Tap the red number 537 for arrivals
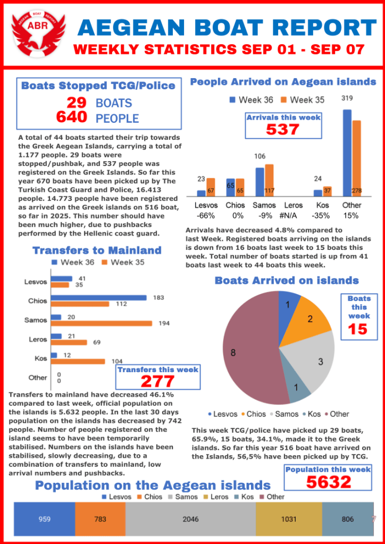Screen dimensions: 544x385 (282, 129)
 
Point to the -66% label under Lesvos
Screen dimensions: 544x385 (206, 215)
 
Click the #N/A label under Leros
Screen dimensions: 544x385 (294, 215)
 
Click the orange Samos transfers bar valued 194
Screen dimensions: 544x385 (101, 323)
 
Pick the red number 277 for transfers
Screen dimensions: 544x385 (158, 381)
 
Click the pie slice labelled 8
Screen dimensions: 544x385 (247, 351)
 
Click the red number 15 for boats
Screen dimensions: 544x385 (358, 329)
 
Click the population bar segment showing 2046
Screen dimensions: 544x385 (190, 519)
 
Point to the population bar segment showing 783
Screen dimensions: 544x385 (100, 519)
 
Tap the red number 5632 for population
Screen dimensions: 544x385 (328, 482)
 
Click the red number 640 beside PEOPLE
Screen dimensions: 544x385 (71, 117)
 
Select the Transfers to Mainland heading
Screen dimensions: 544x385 (97, 250)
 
